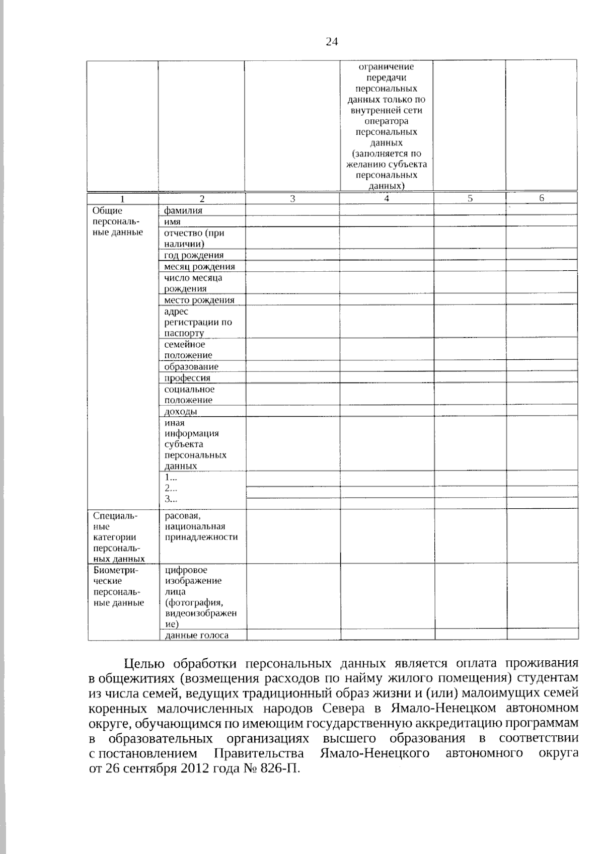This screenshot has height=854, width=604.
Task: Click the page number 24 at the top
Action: [x=332, y=42]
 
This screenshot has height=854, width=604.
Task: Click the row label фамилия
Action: [x=183, y=211]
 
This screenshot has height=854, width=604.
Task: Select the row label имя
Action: [x=172, y=222]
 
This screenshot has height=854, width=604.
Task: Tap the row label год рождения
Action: [x=194, y=255]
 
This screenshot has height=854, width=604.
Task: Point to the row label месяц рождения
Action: [x=199, y=267]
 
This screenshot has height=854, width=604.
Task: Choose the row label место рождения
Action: [x=199, y=300]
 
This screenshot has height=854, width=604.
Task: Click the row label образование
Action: [x=191, y=367]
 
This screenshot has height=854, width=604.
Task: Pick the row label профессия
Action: [x=187, y=378]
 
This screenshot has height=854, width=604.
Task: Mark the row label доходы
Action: [x=181, y=412]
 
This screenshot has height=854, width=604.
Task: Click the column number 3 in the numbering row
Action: [x=292, y=199]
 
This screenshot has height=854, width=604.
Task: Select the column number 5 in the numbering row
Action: [x=470, y=199]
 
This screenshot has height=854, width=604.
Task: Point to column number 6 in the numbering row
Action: [x=542, y=198]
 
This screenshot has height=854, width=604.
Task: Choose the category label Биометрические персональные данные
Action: [x=119, y=586]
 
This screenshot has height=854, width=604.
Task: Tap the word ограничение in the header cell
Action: [x=386, y=67]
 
